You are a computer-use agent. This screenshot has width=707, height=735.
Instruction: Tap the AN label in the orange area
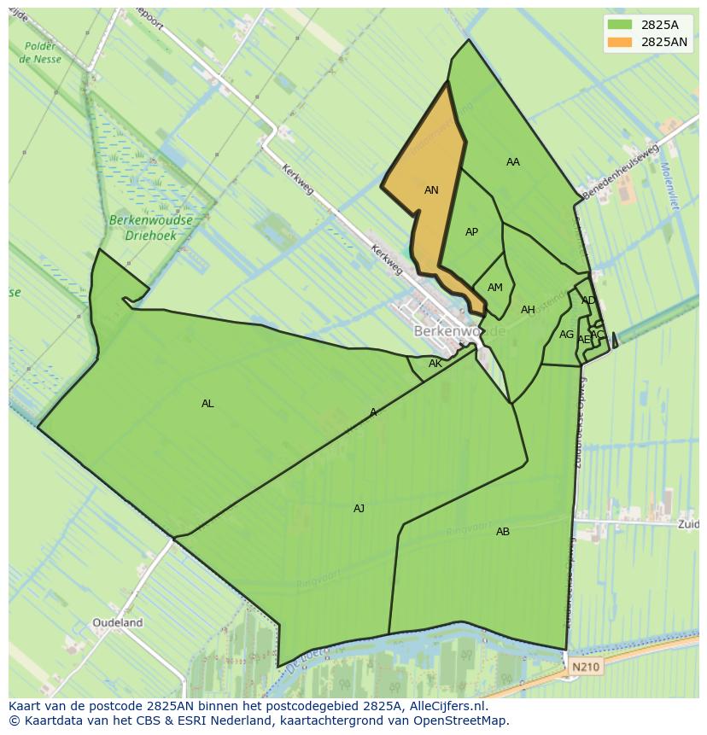[431, 190]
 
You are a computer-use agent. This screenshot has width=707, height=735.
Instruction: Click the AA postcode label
[512, 162]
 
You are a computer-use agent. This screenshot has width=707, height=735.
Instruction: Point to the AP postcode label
[471, 232]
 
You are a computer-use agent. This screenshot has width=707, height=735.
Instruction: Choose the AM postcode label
[494, 288]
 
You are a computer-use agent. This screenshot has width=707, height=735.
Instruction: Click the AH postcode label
[528, 310]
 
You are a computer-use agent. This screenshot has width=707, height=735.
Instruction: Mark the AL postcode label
[207, 404]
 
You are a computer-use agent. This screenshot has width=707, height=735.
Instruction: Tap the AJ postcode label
[359, 509]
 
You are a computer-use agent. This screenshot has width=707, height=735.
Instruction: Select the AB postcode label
[503, 532]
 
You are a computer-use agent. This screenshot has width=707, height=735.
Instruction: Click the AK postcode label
[435, 364]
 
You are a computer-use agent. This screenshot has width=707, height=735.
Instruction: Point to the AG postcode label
[566, 335]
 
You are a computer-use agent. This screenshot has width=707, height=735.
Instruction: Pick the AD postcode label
[588, 300]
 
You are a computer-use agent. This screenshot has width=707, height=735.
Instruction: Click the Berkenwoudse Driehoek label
[151, 226]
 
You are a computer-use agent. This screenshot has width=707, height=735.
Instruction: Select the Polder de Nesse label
[40, 53]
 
